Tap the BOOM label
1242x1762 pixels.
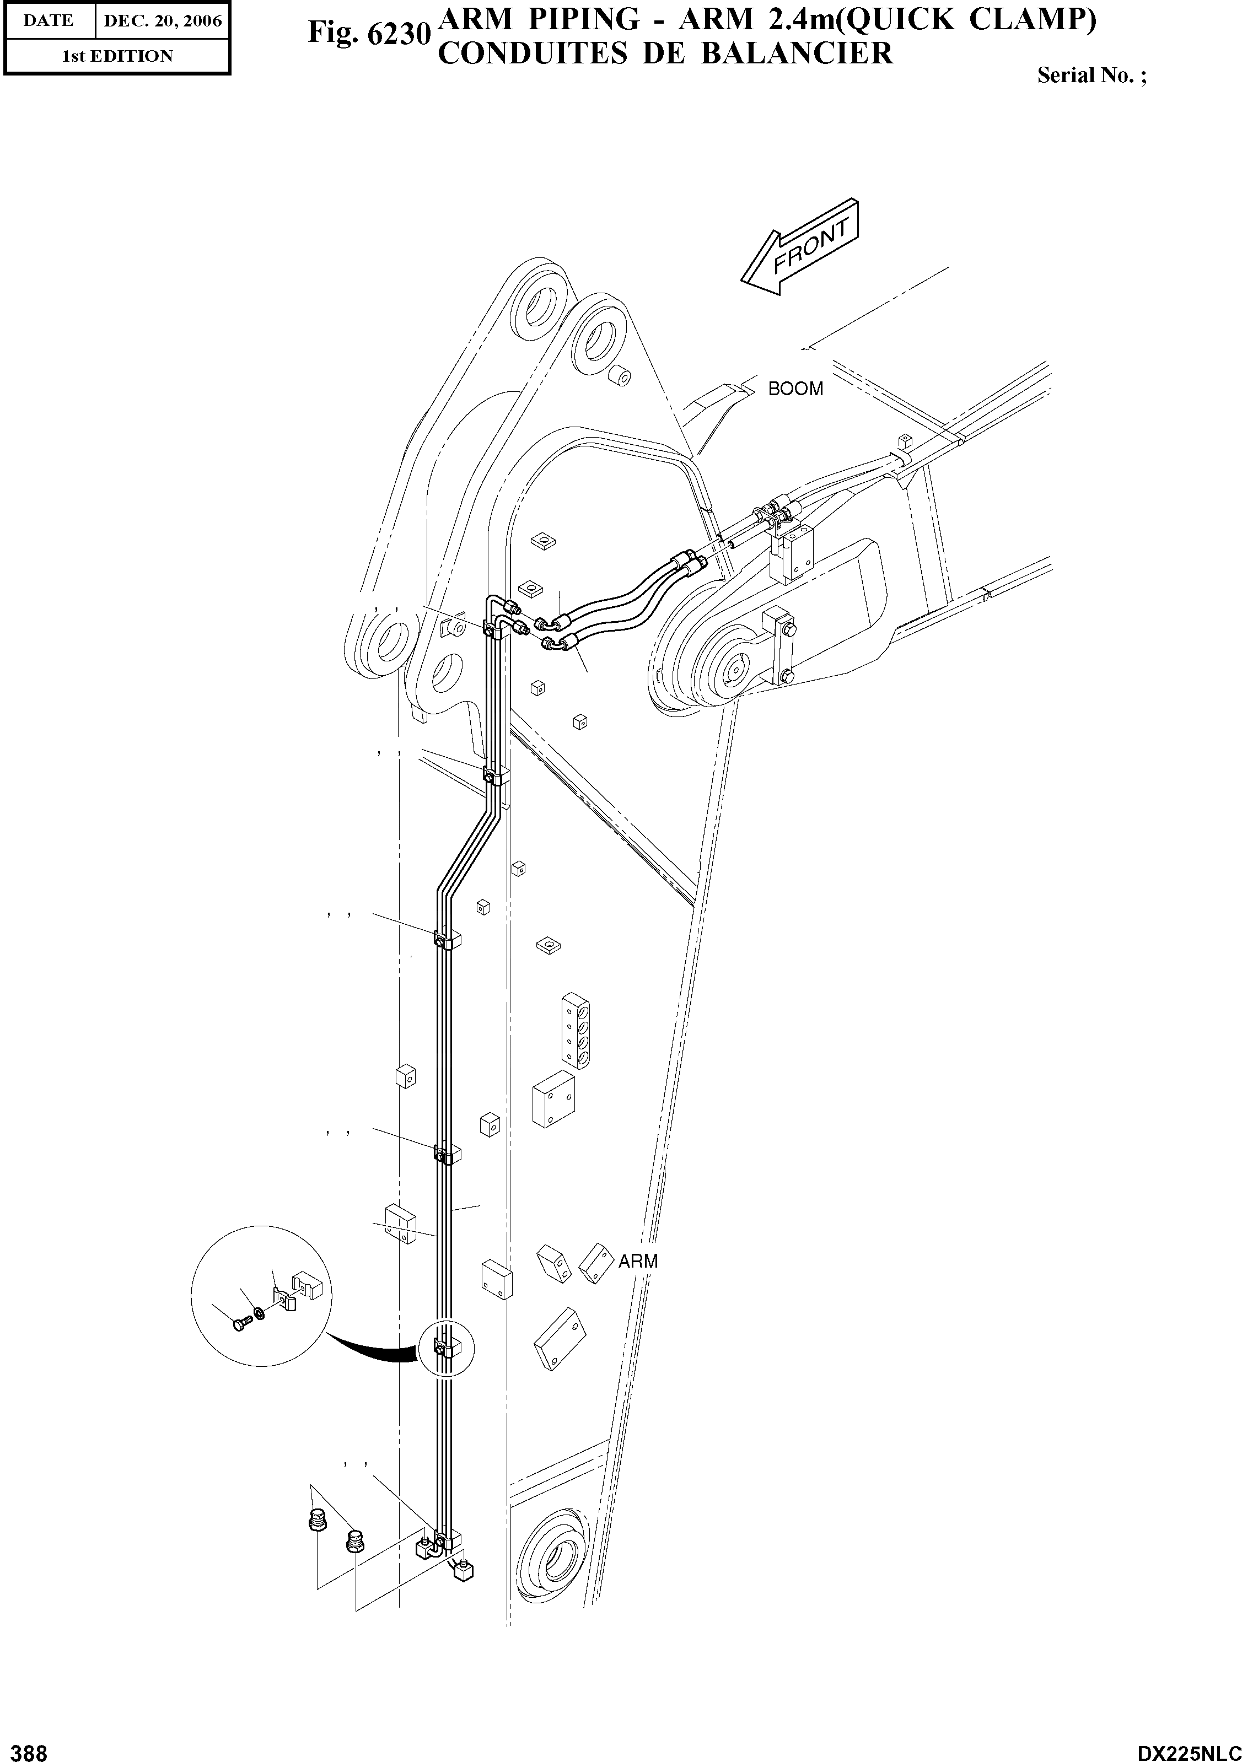795,389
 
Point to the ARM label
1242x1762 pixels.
638,1261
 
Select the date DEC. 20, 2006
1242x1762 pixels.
163,21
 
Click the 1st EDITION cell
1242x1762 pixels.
117,56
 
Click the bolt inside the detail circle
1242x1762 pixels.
239,1325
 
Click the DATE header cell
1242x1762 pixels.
49,21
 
